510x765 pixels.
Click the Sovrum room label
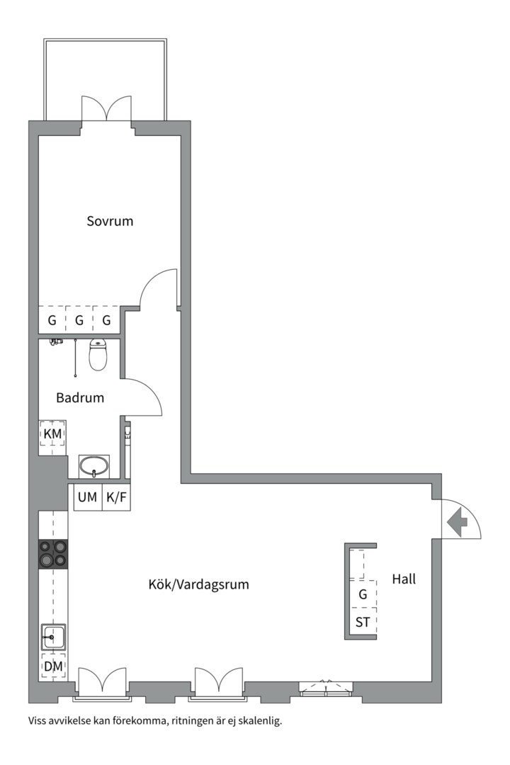click(110, 221)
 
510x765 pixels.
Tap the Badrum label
click(80, 397)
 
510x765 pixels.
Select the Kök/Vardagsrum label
click(198, 585)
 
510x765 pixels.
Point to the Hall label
click(404, 579)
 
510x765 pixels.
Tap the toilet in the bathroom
click(98, 355)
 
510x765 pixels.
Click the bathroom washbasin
click(93, 466)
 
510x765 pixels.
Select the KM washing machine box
click(52, 433)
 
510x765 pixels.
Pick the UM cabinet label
click(87, 497)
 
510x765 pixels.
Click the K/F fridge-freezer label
click(116, 497)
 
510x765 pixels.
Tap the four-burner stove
click(53, 553)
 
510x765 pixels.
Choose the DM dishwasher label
click(52, 667)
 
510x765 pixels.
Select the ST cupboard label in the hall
click(363, 623)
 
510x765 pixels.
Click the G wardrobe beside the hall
click(363, 594)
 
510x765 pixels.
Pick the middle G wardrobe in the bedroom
click(79, 320)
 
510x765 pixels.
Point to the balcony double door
click(106, 110)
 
